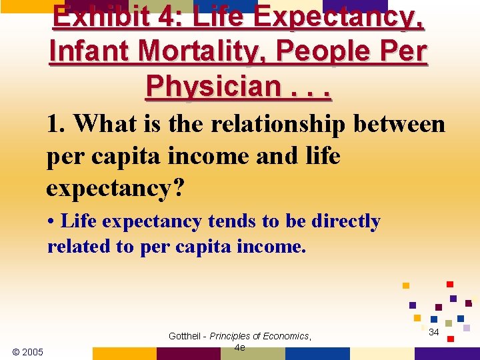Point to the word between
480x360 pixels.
401,123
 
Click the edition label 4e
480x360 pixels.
240,347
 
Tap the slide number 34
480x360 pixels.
433,332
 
